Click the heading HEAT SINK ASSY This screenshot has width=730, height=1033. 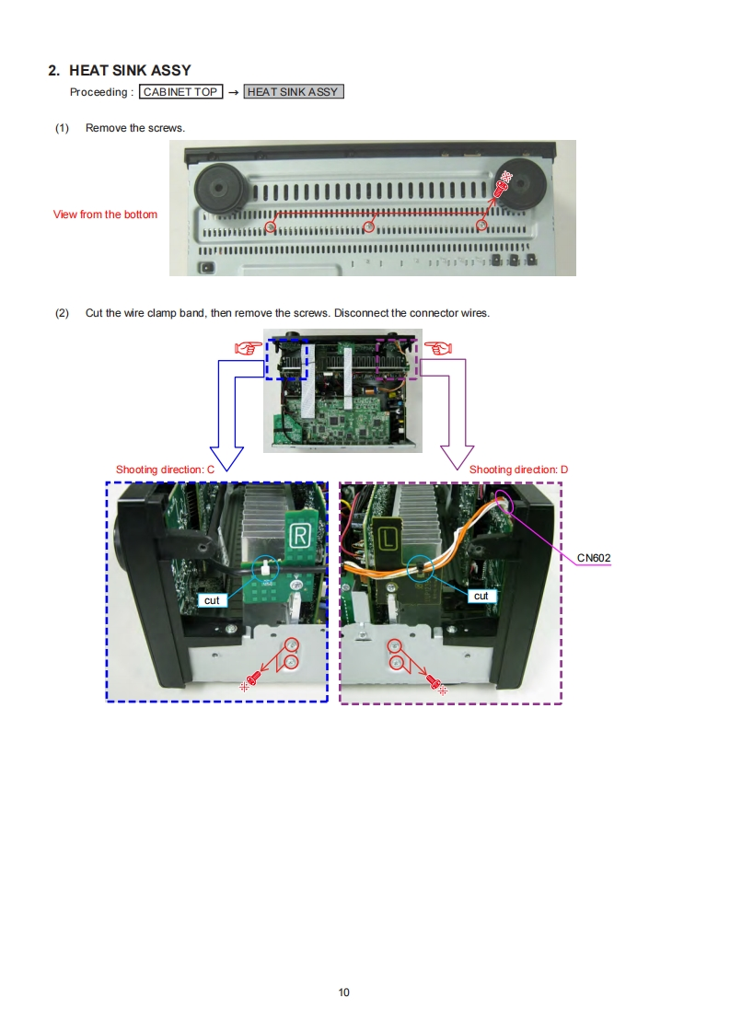(x=130, y=70)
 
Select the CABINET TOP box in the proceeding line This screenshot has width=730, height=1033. (x=180, y=92)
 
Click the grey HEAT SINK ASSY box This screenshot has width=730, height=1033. (x=293, y=92)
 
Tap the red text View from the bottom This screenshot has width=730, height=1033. (x=105, y=215)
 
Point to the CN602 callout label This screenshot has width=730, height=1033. (x=594, y=558)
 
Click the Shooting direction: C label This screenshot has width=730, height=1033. (x=165, y=470)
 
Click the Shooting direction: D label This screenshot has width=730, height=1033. (x=518, y=470)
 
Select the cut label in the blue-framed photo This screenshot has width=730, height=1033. (x=212, y=600)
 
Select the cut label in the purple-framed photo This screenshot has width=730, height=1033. (x=481, y=597)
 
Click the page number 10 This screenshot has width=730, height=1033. (x=344, y=992)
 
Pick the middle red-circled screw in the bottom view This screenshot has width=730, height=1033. (x=368, y=226)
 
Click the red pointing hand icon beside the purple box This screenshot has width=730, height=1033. (x=438, y=348)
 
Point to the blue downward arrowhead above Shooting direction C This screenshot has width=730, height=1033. (x=226, y=458)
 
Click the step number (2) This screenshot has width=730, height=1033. (x=63, y=313)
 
